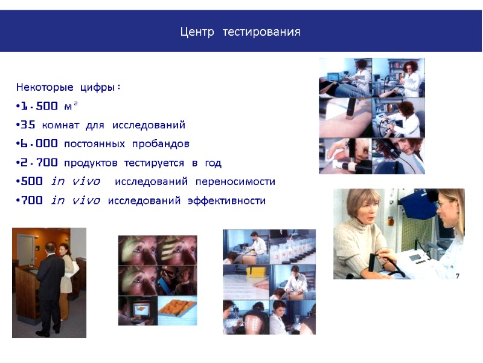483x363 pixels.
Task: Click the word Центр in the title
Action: pos(197,31)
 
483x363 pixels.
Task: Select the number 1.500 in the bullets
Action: pos(39,106)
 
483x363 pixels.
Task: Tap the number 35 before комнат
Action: pos(28,125)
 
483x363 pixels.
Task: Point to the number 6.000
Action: pos(39,144)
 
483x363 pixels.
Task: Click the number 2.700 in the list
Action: pos(39,163)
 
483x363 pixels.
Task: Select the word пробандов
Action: pos(164,144)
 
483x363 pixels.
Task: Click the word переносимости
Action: pos(235,181)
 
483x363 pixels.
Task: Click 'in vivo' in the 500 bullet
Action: pos(75,181)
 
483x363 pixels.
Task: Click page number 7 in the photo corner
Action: pos(457,275)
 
